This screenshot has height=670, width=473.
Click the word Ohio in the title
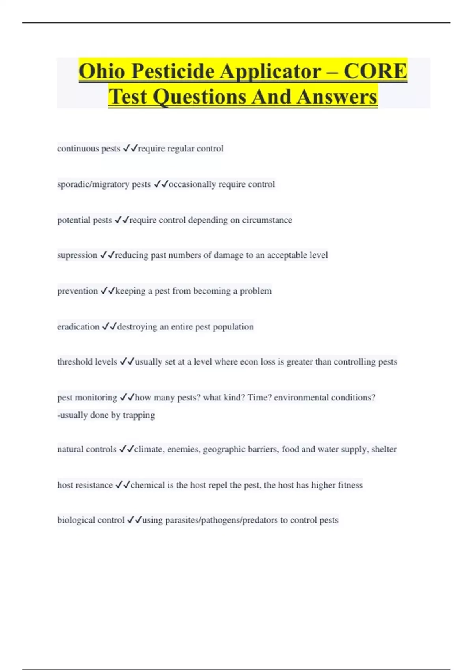(x=102, y=71)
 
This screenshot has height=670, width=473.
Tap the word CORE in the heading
(x=375, y=71)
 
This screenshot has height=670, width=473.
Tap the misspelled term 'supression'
(x=77, y=255)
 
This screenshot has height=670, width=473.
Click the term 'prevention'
(x=77, y=291)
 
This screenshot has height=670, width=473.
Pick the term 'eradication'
(x=78, y=327)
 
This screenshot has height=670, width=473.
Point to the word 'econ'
(x=249, y=362)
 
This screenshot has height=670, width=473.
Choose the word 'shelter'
(x=384, y=449)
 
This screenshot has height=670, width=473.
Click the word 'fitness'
(x=350, y=485)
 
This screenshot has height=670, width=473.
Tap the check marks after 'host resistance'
(x=123, y=485)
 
